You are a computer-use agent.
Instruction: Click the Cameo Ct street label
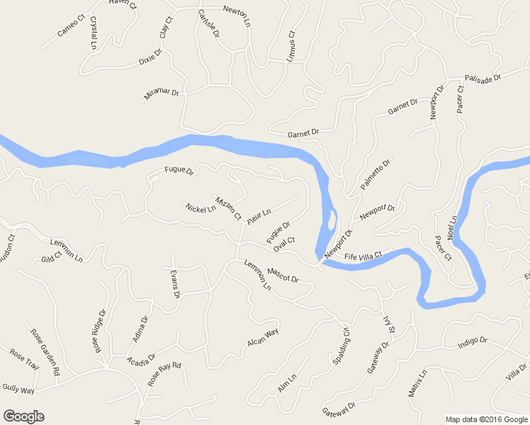click(70, 27)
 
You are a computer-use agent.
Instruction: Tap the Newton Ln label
click(237, 15)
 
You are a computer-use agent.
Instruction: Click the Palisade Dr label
click(483, 78)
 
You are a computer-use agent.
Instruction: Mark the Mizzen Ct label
click(228, 206)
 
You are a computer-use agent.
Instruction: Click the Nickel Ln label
click(201, 209)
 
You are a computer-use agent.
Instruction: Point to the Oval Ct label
click(283, 244)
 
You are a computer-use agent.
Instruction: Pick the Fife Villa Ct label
click(363, 256)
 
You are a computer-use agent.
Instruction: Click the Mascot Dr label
click(283, 275)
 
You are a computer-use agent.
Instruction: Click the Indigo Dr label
click(473, 341)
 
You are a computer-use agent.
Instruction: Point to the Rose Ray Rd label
click(165, 374)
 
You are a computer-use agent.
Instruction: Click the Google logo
click(23, 416)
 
